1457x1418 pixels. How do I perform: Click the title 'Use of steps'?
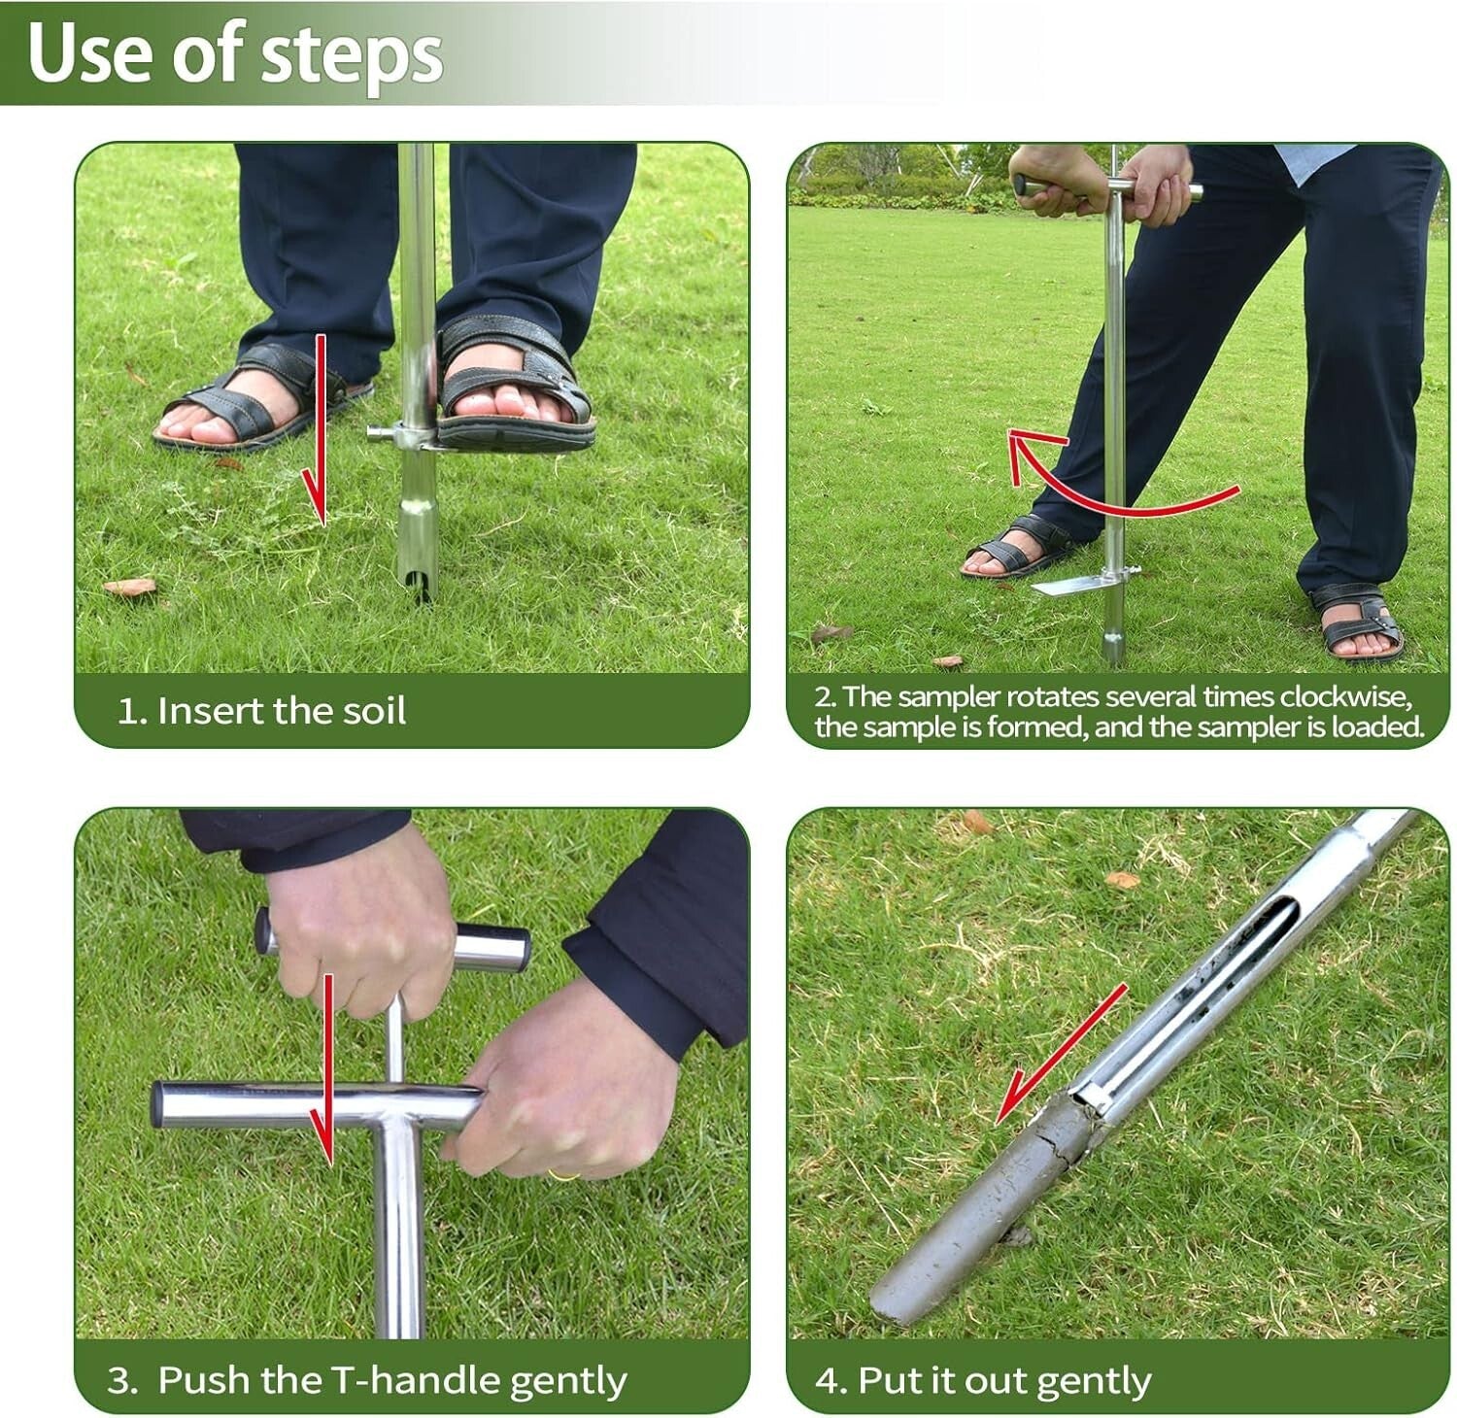[x=235, y=52]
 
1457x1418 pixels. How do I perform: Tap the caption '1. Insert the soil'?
[x=261, y=711]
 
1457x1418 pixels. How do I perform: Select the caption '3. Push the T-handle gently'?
[x=367, y=1380]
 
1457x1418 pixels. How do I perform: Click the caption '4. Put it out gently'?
[x=983, y=1380]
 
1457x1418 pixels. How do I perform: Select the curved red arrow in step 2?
[x=1117, y=490]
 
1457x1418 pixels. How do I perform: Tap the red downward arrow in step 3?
[x=328, y=1068]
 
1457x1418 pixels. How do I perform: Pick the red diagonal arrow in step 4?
[x=1059, y=1054]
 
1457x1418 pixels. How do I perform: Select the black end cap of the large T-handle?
[x=157, y=1105]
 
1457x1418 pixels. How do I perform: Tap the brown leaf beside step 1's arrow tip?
[x=129, y=587]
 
